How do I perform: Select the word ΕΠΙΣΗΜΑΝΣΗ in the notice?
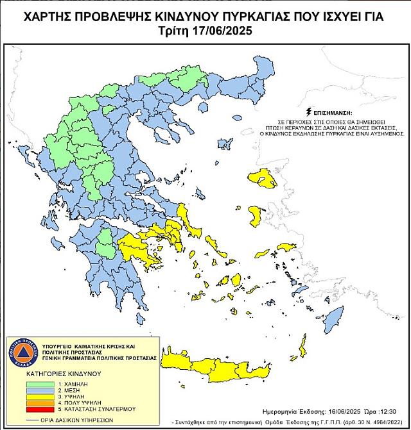337,112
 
